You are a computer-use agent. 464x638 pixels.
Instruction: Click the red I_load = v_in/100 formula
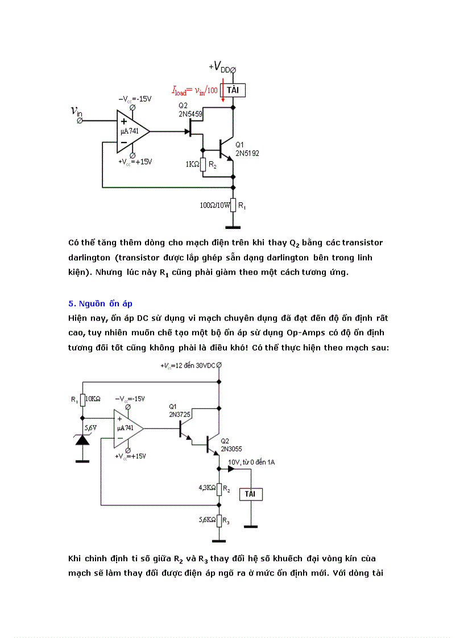point(195,90)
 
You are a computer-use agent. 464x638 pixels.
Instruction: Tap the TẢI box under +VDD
point(233,90)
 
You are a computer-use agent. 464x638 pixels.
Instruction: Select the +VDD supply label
point(221,67)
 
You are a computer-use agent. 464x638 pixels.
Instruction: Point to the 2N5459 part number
point(190,114)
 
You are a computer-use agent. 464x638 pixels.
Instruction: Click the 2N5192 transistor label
point(247,153)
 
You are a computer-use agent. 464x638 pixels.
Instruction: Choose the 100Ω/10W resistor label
point(214,206)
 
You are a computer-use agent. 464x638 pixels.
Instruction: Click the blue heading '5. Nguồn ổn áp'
point(100,303)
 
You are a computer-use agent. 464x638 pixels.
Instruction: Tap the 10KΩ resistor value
point(92,399)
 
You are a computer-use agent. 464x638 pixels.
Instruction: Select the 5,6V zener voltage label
point(91,427)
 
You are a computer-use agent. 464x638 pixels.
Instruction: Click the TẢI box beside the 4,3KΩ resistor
point(250,494)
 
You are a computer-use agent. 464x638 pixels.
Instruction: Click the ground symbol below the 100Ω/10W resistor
point(233,227)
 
